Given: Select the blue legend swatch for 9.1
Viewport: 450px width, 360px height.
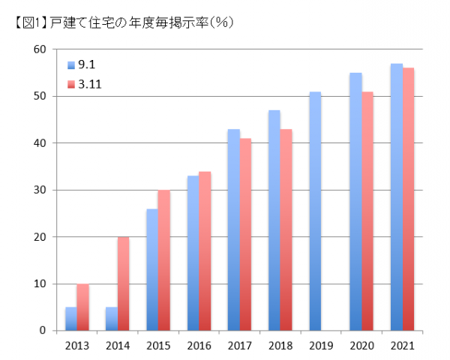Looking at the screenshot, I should pos(71,64).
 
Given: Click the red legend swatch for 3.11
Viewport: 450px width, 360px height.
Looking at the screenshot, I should pos(71,84).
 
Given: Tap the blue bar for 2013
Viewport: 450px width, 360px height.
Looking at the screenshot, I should pos(71,319).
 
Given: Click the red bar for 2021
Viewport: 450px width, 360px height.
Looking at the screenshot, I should pos(408,199).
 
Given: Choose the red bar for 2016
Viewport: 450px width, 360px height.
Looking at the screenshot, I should pos(205,251).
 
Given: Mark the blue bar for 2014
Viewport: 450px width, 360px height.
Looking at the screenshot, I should pos(112,319).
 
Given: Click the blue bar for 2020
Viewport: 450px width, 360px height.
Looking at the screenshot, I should pos(355,202).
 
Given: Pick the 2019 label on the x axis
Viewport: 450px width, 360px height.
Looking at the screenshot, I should pos(320,346).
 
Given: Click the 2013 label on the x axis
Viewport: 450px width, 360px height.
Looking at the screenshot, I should pos(77,346).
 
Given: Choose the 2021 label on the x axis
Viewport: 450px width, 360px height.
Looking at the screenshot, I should pos(402,346).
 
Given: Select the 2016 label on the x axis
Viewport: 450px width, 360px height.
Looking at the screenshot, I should pos(199,346).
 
